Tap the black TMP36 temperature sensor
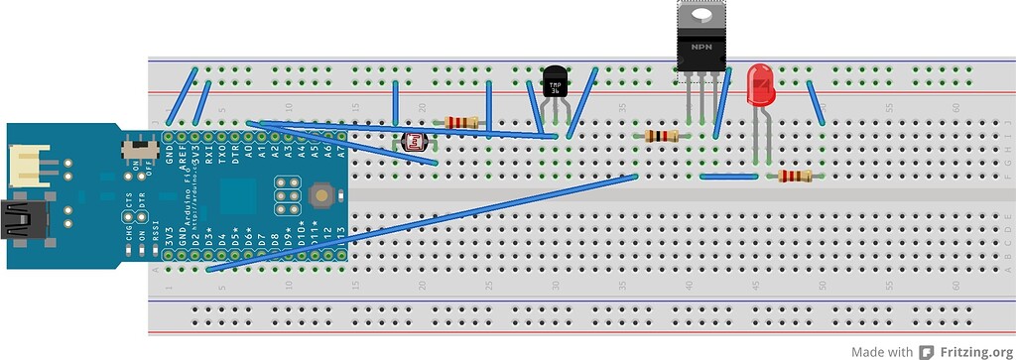point(556,82)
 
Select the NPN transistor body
point(700,50)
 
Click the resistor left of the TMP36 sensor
point(462,122)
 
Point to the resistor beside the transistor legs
point(662,136)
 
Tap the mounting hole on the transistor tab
point(700,14)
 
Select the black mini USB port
point(18,221)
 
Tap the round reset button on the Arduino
point(321,195)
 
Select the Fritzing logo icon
point(926,351)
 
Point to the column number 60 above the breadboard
point(955,107)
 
